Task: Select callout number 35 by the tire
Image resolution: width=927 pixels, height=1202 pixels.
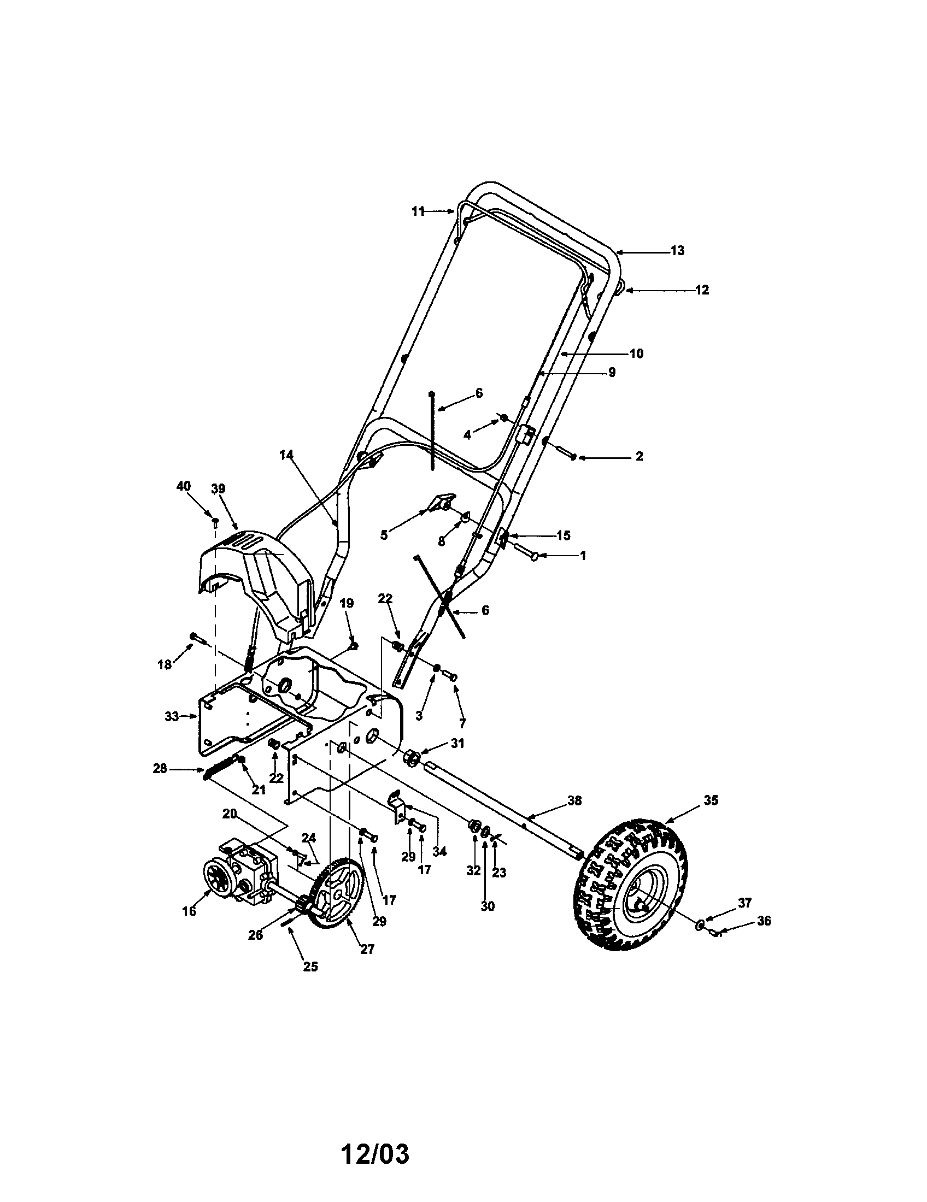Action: [711, 800]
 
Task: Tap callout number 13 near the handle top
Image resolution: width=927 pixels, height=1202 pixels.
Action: [677, 250]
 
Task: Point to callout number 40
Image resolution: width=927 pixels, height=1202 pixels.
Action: [183, 486]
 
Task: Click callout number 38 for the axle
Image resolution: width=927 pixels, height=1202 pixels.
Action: [574, 801]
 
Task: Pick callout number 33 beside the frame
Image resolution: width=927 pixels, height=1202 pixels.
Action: [172, 717]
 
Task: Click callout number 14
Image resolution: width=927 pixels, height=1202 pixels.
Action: [286, 455]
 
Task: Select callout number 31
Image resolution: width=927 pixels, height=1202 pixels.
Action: [457, 744]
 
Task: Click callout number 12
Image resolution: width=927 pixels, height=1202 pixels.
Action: [702, 290]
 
